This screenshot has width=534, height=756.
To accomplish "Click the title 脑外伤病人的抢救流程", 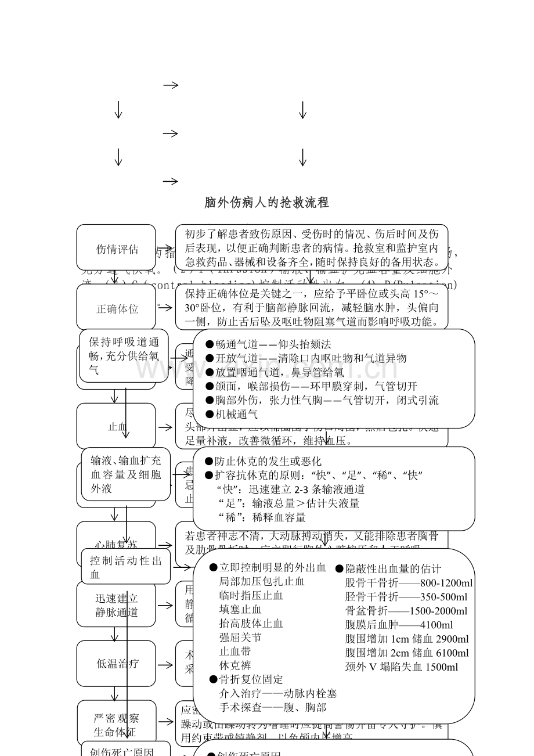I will (266, 203).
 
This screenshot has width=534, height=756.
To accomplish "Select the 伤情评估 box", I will (116, 249).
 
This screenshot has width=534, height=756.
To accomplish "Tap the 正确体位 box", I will (117, 309).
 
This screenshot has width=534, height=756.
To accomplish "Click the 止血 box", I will (117, 427).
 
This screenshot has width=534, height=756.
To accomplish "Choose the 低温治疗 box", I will (117, 663).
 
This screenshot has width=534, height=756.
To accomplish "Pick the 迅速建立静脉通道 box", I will (117, 605).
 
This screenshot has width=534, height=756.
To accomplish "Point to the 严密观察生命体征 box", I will (117, 725).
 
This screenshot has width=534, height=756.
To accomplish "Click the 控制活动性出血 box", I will (126, 567).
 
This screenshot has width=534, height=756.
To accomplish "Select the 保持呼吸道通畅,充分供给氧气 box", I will (124, 356).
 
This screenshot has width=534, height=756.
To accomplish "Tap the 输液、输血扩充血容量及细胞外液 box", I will (126, 474).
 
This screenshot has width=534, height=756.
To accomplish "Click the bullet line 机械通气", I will (232, 414).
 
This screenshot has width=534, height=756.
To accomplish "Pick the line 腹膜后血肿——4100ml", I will (399, 625).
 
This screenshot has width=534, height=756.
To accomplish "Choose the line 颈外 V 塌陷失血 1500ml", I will (401, 667).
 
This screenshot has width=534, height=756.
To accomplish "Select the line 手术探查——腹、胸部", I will (272, 707).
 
